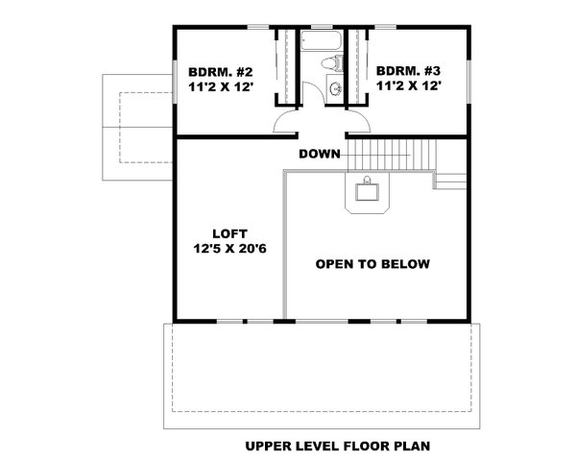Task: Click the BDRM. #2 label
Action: click(x=220, y=70)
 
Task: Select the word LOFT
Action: click(x=230, y=233)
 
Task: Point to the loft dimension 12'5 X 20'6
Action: click(x=230, y=250)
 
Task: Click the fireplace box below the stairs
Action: click(x=369, y=191)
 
